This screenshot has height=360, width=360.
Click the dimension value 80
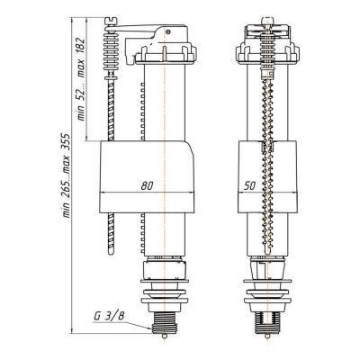(x=147, y=186)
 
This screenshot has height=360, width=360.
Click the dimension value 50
(x=249, y=186)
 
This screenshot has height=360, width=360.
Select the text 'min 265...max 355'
(x=66, y=175)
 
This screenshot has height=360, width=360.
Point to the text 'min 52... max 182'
(x=81, y=79)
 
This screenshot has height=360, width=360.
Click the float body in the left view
(x=147, y=177)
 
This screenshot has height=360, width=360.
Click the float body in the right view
(x=267, y=177)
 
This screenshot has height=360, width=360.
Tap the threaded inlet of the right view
(x=267, y=326)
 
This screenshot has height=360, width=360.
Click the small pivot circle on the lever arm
(x=168, y=31)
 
